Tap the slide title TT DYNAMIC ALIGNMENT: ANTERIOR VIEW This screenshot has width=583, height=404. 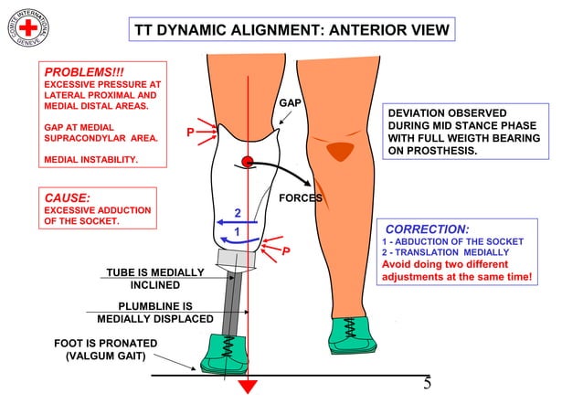tap(291, 30)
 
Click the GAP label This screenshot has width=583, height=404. tap(290, 102)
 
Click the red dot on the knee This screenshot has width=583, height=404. tap(247, 163)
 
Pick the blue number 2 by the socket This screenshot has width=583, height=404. tap(238, 213)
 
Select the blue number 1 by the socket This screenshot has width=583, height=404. tap(238, 232)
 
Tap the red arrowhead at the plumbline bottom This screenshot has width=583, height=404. tap(248, 386)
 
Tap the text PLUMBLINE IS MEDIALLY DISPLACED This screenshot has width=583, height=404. tap(155, 312)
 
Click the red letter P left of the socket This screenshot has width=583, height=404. tap(191, 133)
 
